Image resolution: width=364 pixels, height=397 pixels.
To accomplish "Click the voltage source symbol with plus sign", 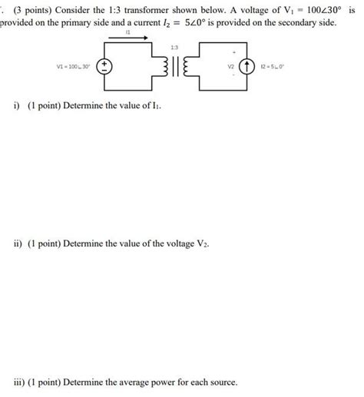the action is [x=109, y=68].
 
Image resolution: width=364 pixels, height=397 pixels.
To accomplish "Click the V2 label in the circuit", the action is [x=230, y=67].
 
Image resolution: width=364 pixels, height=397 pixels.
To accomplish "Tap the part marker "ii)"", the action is [x=17, y=243].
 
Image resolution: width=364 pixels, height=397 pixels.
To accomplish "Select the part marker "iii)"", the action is [x=18, y=382].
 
